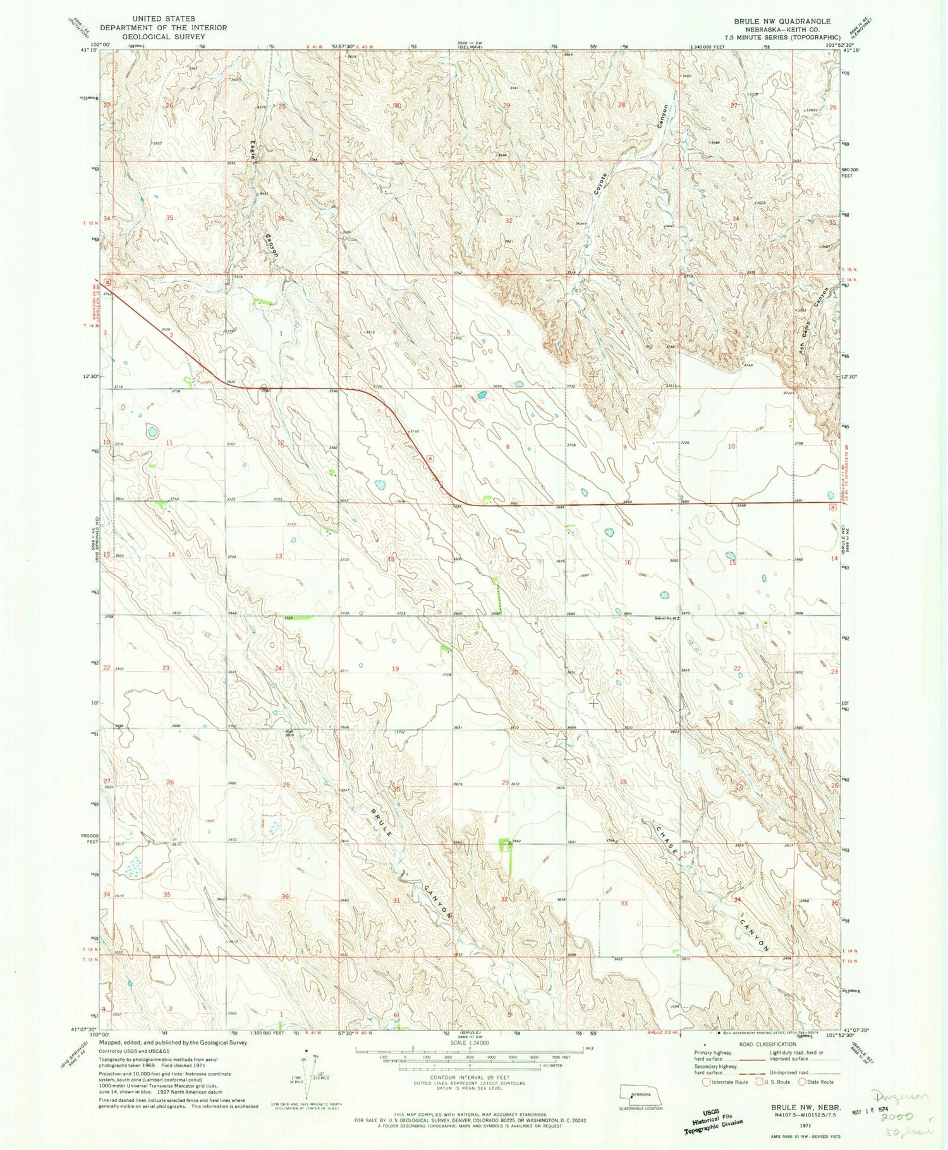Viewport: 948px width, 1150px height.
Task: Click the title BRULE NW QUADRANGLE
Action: click(x=782, y=21)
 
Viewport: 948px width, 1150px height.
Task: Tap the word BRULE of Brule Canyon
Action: click(x=382, y=823)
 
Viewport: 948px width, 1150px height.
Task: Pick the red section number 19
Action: click(x=396, y=669)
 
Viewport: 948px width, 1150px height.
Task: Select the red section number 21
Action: click(x=619, y=672)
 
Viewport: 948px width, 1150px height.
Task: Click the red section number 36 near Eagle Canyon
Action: click(x=281, y=219)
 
